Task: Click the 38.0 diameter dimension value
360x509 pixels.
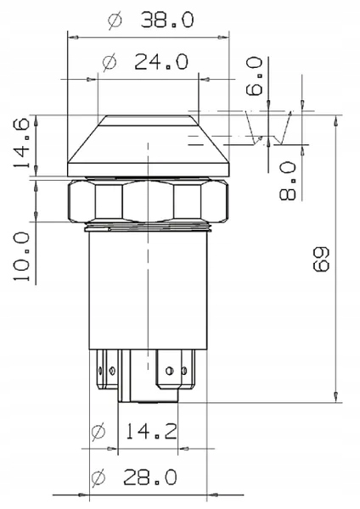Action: click(x=167, y=20)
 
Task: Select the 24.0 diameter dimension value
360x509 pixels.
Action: click(x=161, y=62)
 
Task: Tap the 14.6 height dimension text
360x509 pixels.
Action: click(x=21, y=143)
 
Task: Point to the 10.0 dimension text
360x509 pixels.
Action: click(x=21, y=256)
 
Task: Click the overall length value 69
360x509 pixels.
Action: click(x=321, y=259)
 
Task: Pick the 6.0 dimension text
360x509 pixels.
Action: click(x=255, y=76)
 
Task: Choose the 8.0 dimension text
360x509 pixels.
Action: click(x=288, y=182)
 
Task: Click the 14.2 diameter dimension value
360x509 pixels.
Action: click(x=151, y=432)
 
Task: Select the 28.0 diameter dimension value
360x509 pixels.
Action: click(x=150, y=477)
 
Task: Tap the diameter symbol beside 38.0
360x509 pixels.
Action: click(x=115, y=20)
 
